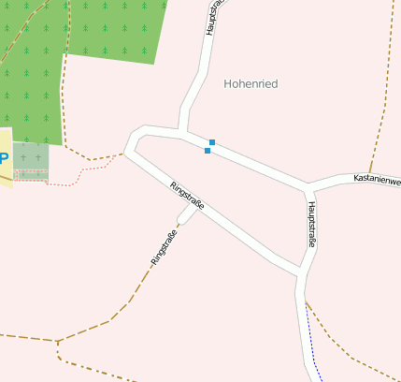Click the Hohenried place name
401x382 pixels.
tap(251, 83)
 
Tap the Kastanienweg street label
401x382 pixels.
tap(377, 178)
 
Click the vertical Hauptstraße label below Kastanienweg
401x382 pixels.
tap(311, 224)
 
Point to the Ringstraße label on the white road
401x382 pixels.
tap(188, 194)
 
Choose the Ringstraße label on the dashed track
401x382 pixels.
tap(164, 244)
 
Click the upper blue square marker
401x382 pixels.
tap(212, 142)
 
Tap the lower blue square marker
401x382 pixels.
tap(207, 151)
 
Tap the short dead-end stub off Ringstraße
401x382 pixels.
tap(186, 217)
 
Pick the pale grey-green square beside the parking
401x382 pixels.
tap(31, 158)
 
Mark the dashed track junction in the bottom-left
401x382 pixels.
tap(57, 342)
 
